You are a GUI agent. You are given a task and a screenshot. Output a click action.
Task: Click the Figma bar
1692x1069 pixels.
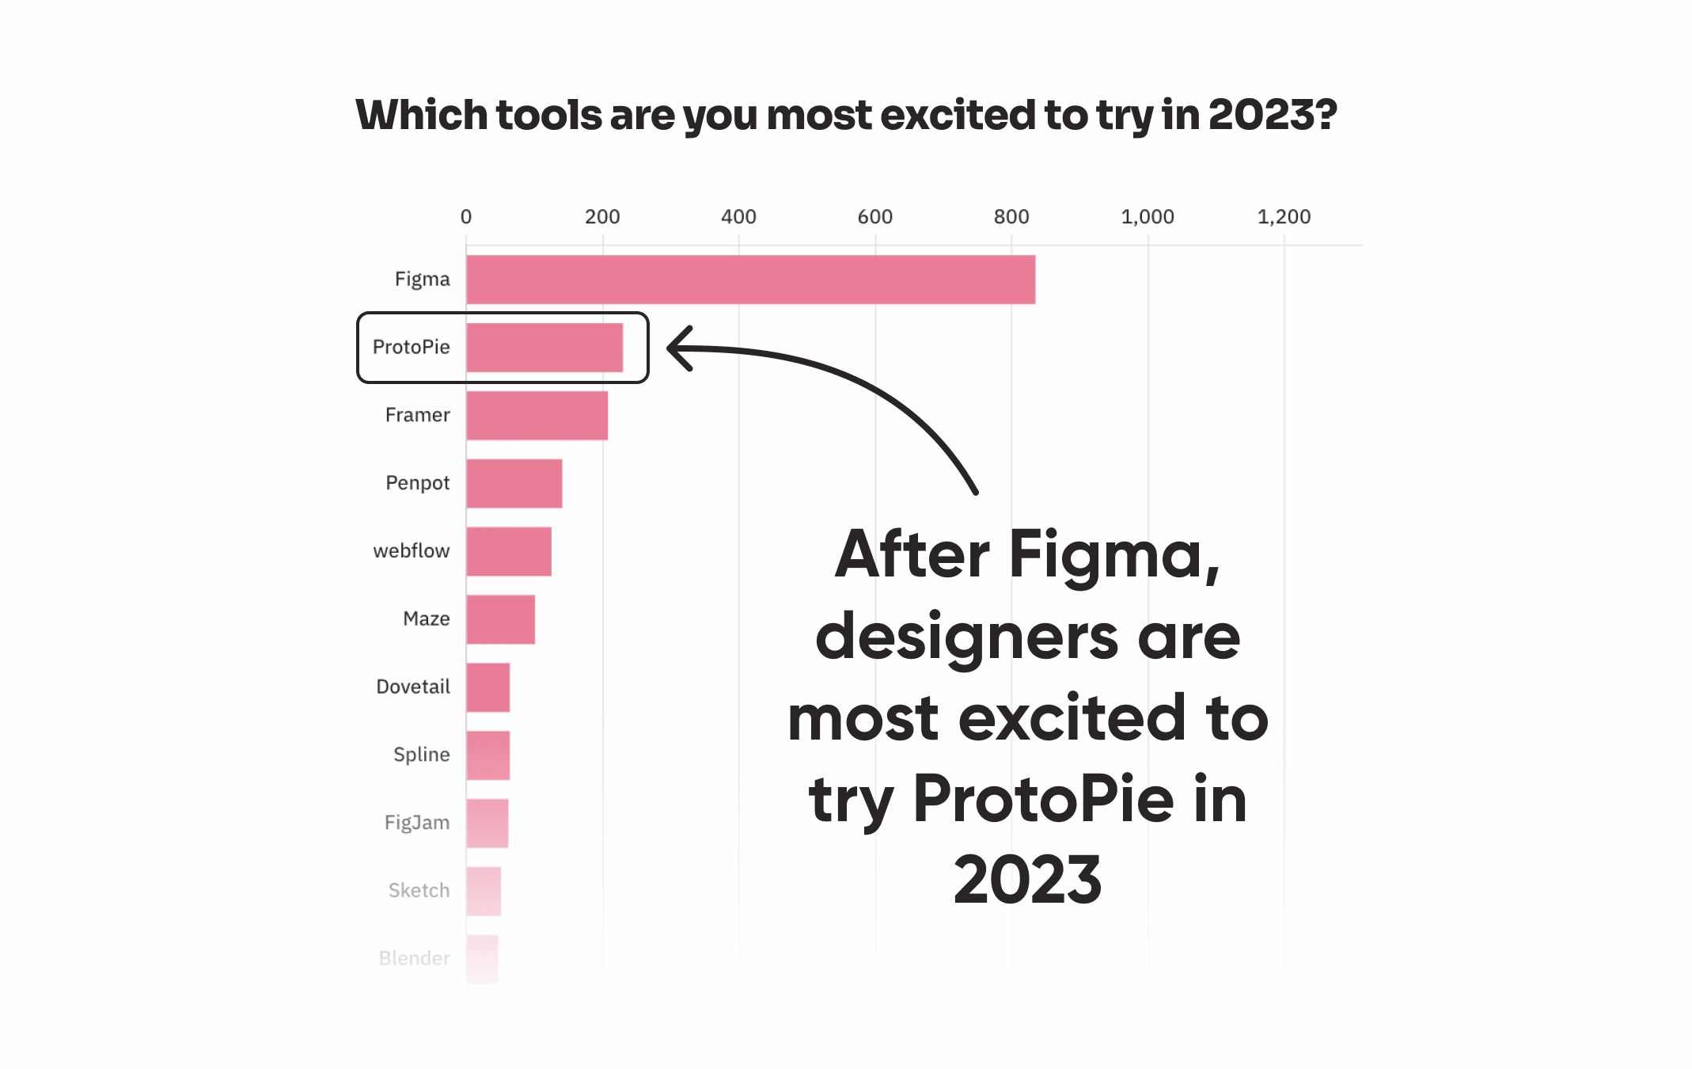(x=750, y=280)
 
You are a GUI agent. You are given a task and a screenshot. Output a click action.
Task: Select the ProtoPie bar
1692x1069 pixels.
(x=544, y=348)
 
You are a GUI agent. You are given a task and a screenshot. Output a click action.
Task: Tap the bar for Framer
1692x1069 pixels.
(x=537, y=416)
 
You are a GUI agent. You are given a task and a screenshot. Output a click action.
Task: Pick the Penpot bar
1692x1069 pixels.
(x=514, y=484)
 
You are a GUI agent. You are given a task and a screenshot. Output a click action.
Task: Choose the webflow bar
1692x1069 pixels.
(x=509, y=552)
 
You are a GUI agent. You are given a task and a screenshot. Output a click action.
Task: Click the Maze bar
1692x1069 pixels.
(x=500, y=619)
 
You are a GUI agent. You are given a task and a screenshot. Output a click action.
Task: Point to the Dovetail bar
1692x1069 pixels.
(x=488, y=687)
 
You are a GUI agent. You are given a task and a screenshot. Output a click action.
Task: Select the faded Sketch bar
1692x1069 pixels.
(x=484, y=892)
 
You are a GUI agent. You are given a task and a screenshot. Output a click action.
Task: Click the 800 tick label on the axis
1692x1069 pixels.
(x=1011, y=217)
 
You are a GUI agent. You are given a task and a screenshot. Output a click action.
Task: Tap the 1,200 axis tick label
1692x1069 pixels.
(x=1283, y=217)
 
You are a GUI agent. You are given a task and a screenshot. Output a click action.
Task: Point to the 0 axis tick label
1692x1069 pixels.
(x=466, y=217)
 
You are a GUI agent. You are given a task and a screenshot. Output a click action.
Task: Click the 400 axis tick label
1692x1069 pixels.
(x=738, y=217)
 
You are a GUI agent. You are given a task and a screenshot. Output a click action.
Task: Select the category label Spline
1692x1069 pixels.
(x=421, y=755)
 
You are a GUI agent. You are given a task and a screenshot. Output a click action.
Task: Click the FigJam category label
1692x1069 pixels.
(x=416, y=823)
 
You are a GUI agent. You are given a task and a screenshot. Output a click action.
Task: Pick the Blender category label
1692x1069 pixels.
(x=414, y=958)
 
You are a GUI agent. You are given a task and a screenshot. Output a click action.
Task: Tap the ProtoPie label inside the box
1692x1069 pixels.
(x=411, y=347)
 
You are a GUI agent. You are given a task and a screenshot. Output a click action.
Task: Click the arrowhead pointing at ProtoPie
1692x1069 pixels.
(x=679, y=348)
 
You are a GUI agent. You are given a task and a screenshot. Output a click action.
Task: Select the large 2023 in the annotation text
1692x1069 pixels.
(x=1026, y=881)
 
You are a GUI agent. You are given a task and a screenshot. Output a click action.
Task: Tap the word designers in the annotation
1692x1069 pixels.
(x=966, y=637)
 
